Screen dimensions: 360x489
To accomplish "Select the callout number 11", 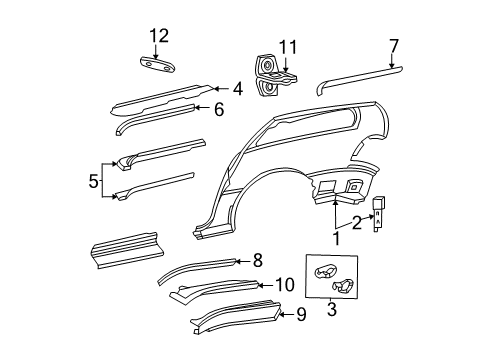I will pyautogui.click(x=288, y=47).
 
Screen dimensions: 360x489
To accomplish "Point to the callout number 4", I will pyautogui.click(x=237, y=89).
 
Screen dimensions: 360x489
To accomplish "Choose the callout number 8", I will pyautogui.click(x=257, y=260).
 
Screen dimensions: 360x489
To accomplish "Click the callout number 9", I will pyautogui.click(x=301, y=315).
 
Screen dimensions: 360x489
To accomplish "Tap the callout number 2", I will pyautogui.click(x=357, y=223).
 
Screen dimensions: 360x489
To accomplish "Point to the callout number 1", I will pyautogui.click(x=336, y=238).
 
